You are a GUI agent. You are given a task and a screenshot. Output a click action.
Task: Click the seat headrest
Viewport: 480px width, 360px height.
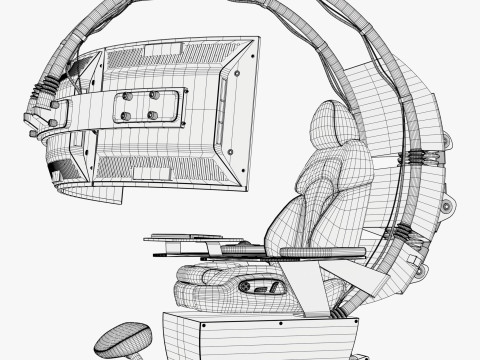click(x=329, y=131)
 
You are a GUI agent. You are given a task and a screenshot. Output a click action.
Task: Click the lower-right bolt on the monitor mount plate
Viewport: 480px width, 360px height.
click(x=152, y=115)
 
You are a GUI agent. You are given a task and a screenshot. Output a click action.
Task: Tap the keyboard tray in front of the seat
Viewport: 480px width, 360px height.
click(x=195, y=240)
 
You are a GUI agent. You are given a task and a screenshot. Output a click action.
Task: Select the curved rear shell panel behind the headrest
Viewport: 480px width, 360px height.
click(x=420, y=120)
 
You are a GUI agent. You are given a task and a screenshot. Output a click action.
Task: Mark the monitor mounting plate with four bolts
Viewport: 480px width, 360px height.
click(x=139, y=106)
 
